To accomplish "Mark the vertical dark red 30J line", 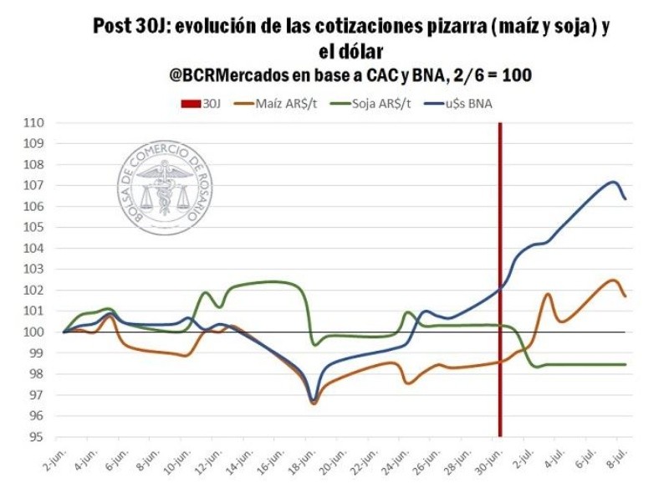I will point(500,251).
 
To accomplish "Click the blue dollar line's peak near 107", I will point(613,182).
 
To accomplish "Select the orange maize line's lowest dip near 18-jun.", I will point(314,404).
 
